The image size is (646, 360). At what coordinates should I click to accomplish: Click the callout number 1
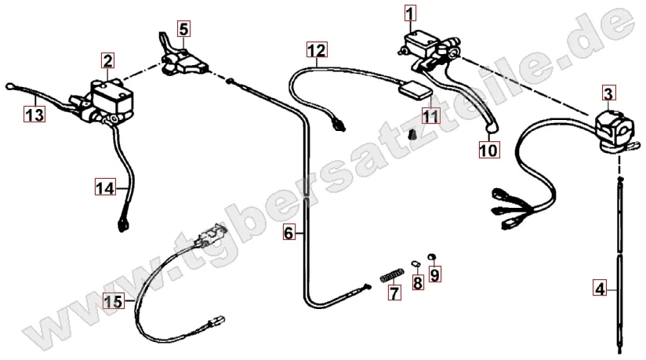tap(410, 13)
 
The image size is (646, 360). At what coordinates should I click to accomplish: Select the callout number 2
tap(107, 60)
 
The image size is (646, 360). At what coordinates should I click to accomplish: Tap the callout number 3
tap(608, 93)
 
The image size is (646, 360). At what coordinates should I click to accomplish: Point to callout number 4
tap(600, 288)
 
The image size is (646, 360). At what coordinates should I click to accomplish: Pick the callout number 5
tap(183, 29)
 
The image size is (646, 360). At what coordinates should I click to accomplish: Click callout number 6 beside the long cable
tap(289, 233)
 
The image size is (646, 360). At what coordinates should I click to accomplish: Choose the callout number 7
tap(394, 293)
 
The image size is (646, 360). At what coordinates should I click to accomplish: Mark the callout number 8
tap(418, 282)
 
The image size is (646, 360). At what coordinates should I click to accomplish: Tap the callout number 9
tap(435, 275)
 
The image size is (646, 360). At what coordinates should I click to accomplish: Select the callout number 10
tap(488, 150)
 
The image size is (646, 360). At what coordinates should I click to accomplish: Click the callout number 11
tap(430, 116)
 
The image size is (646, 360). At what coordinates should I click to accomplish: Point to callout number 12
tap(317, 50)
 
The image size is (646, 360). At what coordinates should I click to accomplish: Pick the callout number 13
tap(34, 115)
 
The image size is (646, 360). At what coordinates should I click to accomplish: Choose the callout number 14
tap(105, 188)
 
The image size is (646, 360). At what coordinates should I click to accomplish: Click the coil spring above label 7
tap(391, 275)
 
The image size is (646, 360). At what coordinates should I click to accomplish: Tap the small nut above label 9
tap(432, 257)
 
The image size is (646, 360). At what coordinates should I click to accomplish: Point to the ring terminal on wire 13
tap(9, 86)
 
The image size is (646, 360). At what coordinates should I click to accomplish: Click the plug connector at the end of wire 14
tap(123, 225)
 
